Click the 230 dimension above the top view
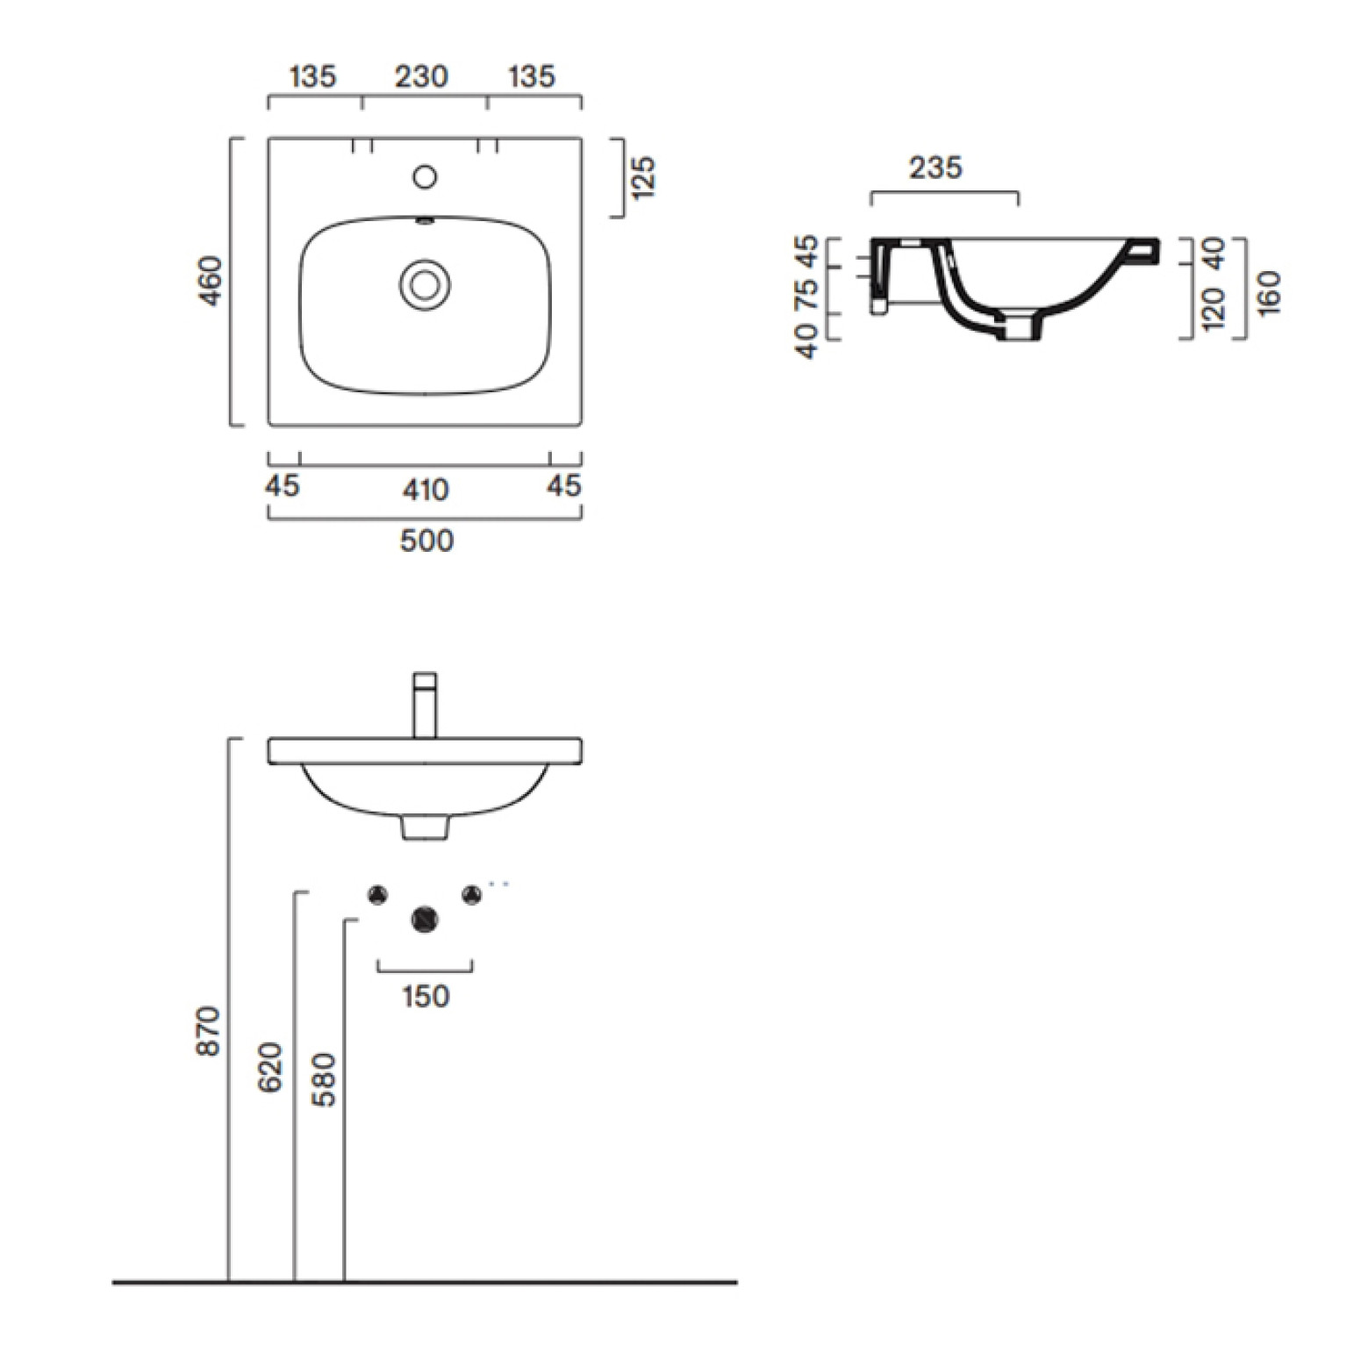(x=421, y=77)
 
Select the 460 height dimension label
(x=211, y=281)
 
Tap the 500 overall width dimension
(x=426, y=541)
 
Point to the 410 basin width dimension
(x=426, y=490)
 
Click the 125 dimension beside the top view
(x=643, y=177)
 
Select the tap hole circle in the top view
(x=425, y=177)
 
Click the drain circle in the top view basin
(x=425, y=284)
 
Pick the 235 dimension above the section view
(x=935, y=168)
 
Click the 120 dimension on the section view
(x=1213, y=310)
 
